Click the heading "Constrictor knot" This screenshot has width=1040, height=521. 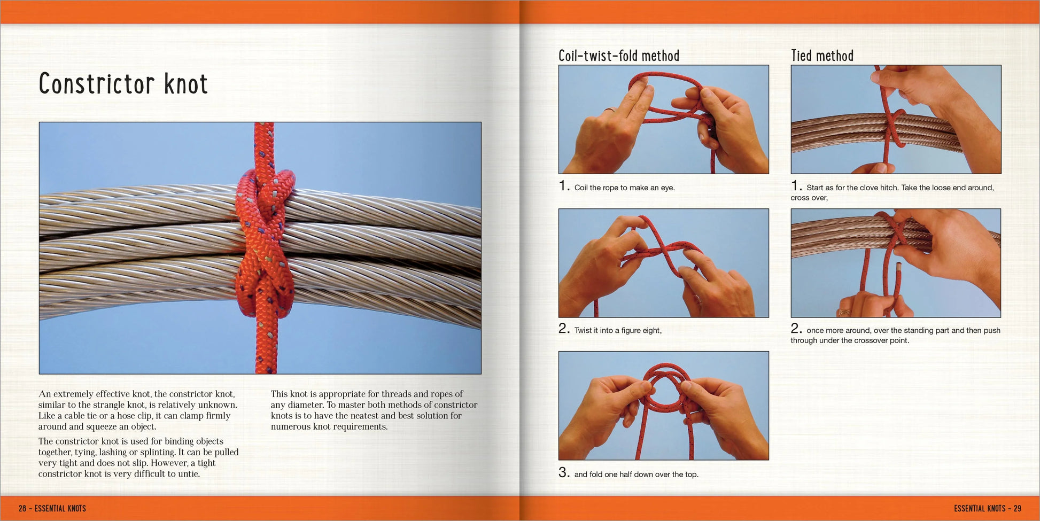click(123, 84)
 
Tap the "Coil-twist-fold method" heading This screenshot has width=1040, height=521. click(619, 56)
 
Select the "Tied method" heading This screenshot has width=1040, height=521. click(822, 56)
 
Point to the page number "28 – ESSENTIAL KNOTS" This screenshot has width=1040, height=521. click(52, 508)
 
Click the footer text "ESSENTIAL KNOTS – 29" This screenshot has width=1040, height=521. click(988, 508)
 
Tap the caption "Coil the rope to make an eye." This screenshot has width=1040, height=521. click(624, 188)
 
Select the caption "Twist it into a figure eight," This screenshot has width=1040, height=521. click(618, 330)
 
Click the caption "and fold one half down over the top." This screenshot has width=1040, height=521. click(636, 474)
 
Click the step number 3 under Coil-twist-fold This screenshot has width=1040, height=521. click(564, 472)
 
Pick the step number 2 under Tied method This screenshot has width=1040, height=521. click(796, 328)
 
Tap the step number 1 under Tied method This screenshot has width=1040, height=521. click(796, 185)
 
